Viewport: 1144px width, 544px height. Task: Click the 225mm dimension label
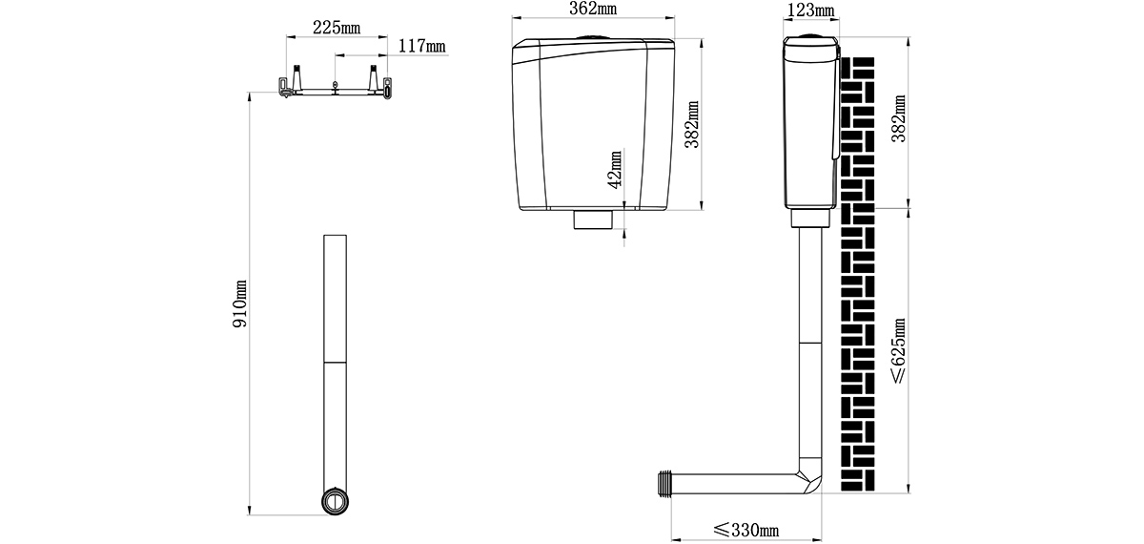click(336, 28)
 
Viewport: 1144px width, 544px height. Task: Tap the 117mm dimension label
click(421, 46)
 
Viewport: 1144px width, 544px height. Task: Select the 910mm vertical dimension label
click(240, 303)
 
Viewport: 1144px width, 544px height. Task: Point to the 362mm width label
click(593, 9)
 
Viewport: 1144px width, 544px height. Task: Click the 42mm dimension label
click(616, 170)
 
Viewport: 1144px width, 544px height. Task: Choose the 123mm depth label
click(811, 10)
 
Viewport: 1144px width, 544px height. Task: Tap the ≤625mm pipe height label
click(898, 351)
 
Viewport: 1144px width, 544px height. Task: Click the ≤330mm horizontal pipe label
click(746, 530)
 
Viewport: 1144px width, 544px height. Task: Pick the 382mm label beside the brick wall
click(898, 118)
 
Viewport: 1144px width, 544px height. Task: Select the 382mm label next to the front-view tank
click(692, 124)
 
